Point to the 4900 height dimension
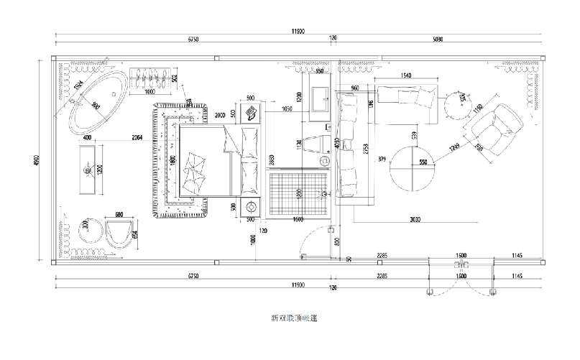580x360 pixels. tap(38, 162)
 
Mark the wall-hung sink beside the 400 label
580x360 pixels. tap(88, 170)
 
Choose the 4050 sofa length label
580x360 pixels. tap(336, 142)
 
